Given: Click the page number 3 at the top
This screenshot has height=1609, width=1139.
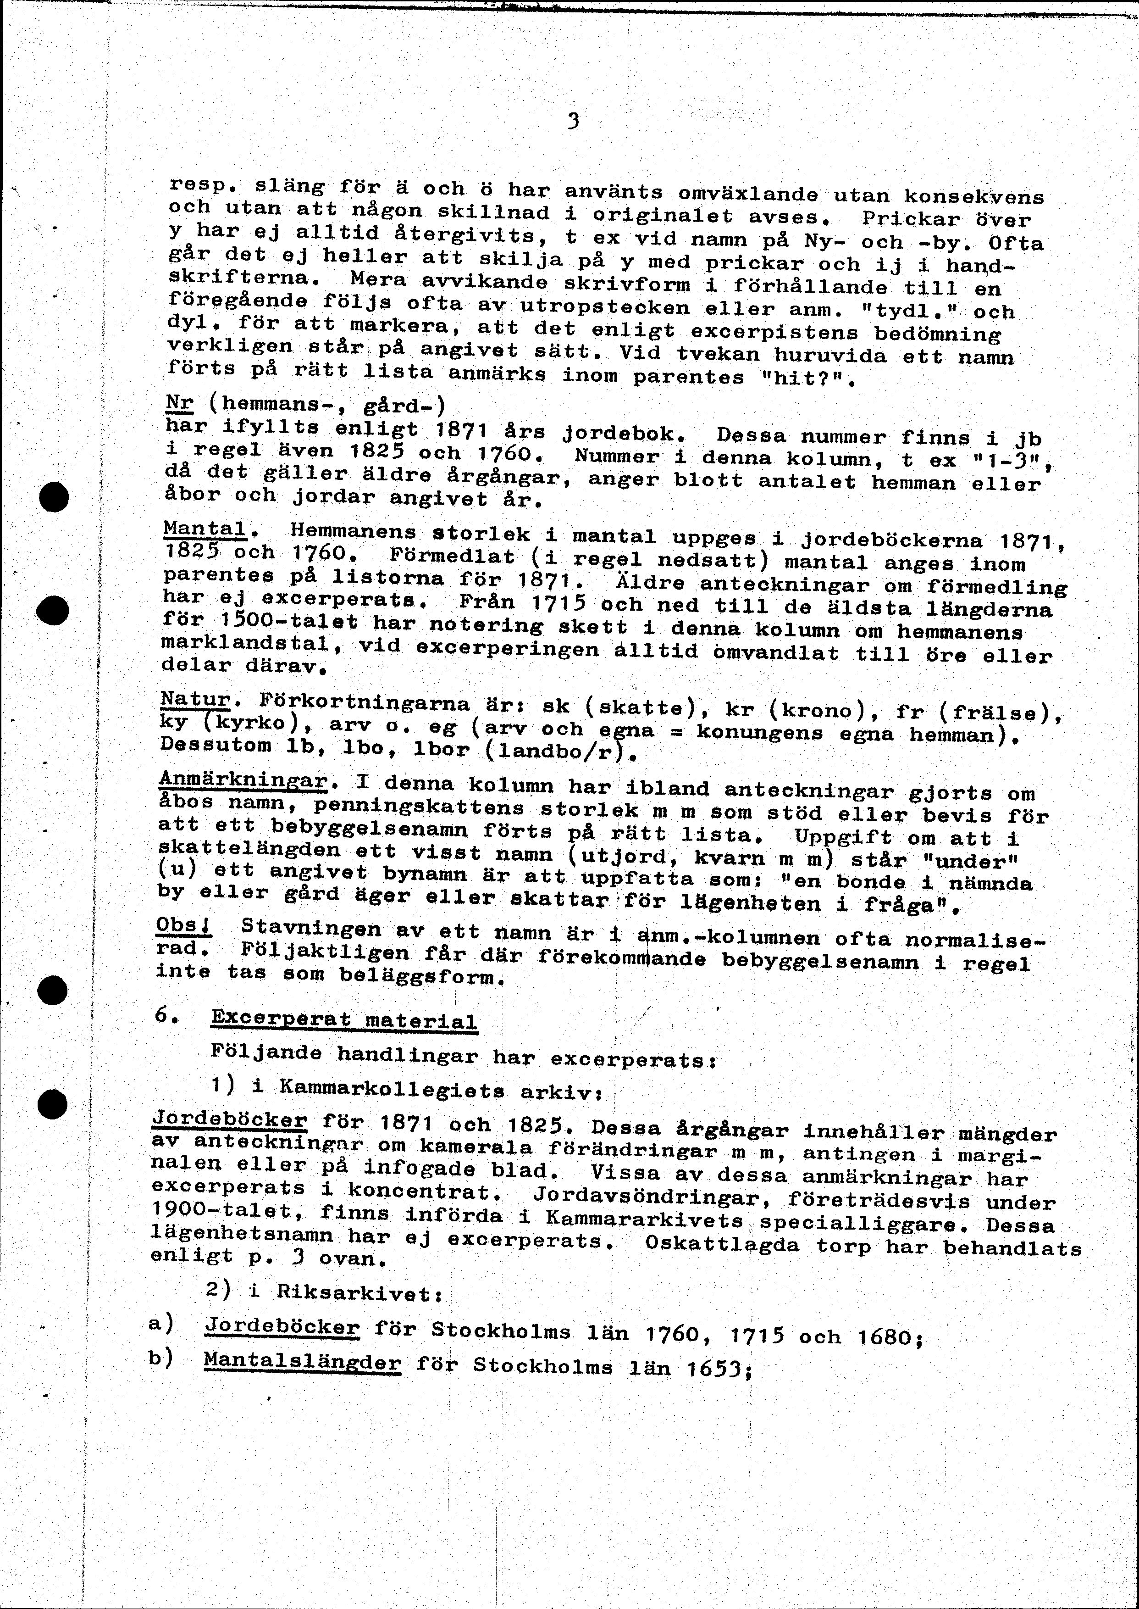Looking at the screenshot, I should click(574, 122).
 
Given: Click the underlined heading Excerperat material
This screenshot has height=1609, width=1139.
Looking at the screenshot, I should click(343, 1019).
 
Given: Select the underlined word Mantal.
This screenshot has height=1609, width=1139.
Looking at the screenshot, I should click(205, 529).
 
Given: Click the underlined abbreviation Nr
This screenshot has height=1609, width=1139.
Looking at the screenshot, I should click(180, 405).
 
